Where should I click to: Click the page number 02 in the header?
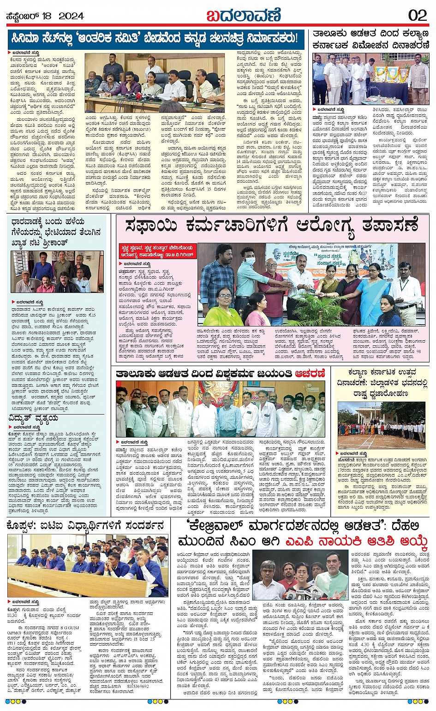417,15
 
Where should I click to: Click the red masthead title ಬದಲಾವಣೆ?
243,15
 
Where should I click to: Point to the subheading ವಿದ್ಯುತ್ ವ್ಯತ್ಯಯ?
34,418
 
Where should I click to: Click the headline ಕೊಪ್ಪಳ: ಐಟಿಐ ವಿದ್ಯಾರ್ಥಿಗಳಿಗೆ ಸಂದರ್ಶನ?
86,525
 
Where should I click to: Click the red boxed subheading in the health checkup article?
156,251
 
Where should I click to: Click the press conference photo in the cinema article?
155,83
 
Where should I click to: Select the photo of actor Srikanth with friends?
57,272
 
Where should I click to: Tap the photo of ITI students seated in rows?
88,565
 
